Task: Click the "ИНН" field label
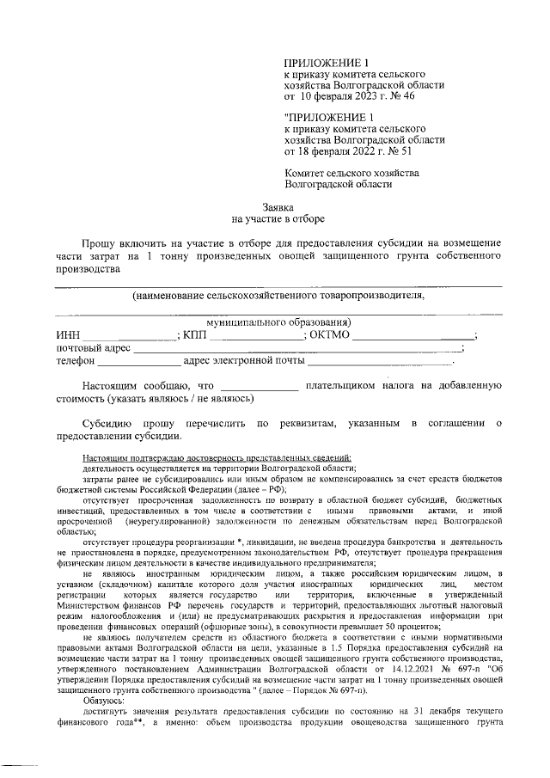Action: (67, 335)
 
